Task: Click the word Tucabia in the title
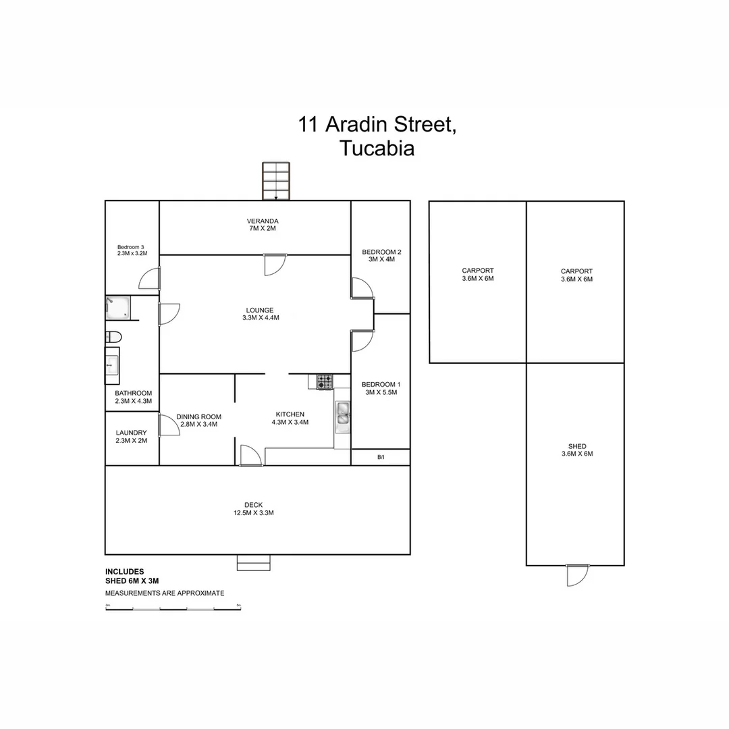coord(377,148)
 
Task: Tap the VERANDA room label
coord(263,221)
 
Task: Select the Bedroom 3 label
coord(132,246)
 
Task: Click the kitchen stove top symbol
coord(325,382)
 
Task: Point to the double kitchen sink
coord(343,416)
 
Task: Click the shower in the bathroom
coord(118,308)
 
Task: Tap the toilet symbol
coord(113,336)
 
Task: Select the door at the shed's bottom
coord(578,574)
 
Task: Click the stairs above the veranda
coord(276,181)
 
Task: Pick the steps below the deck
coord(254,562)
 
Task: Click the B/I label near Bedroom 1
coord(381,458)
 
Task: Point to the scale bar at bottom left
coord(173,609)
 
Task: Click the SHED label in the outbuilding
coord(577,446)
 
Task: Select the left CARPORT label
coord(478,271)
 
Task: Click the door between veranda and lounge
coord(275,264)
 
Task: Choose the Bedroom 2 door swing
coord(362,288)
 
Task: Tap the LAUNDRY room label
coord(132,433)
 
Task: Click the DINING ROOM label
coord(199,416)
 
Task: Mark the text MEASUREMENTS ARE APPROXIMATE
coord(165,593)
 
